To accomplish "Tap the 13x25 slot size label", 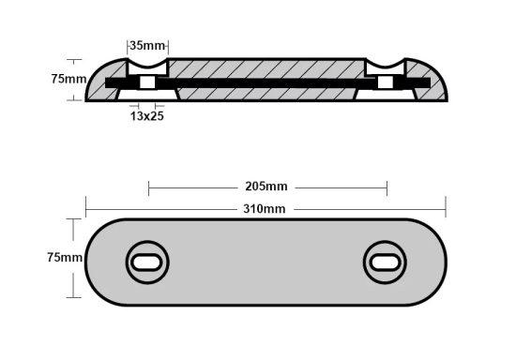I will click(x=148, y=115).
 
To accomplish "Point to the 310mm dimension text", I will click(x=266, y=207).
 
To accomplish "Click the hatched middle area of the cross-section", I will click(x=266, y=69).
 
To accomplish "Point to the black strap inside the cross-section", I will click(x=266, y=84).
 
